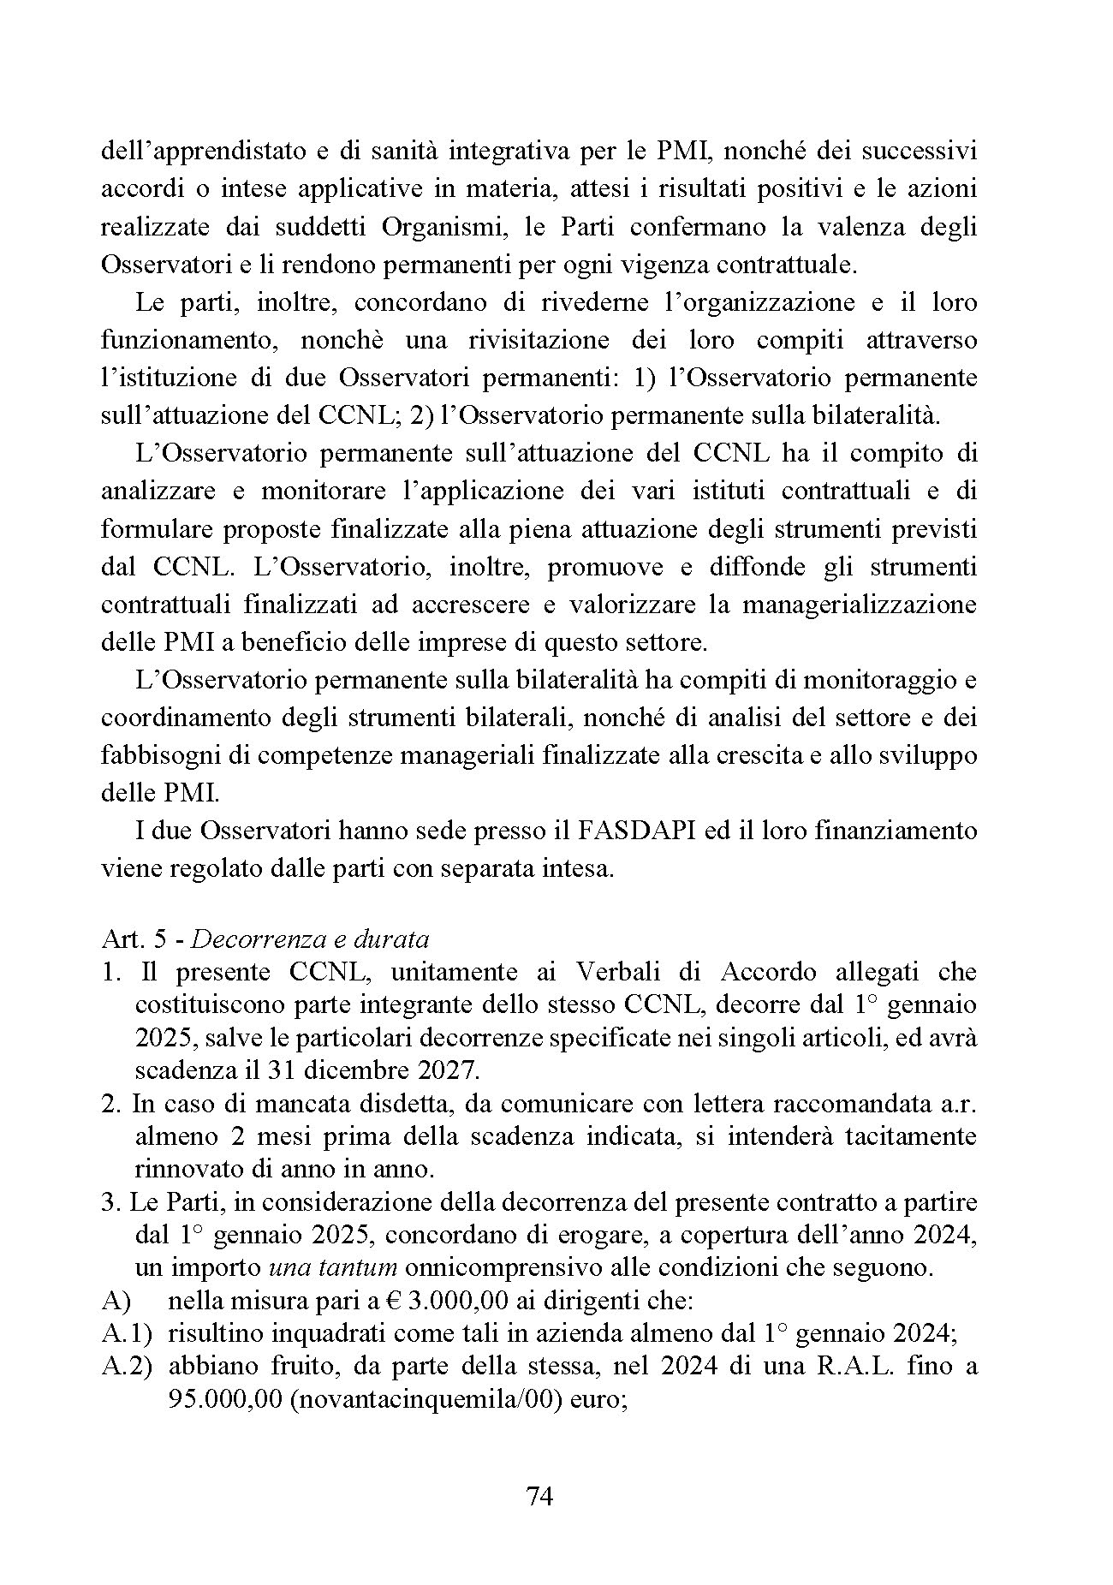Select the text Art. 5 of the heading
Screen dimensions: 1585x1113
pos(128,938)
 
